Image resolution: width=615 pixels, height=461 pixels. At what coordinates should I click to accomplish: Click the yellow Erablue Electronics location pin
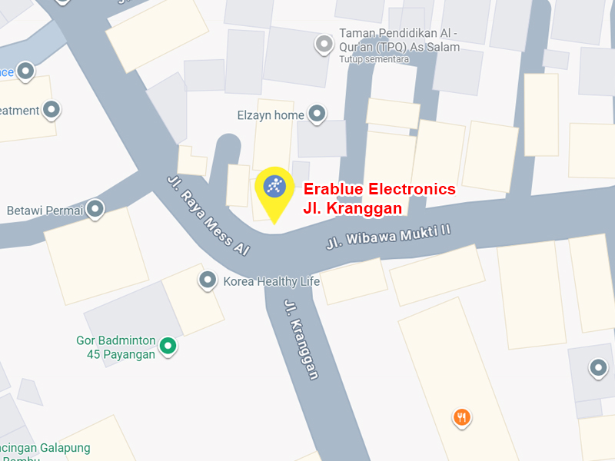(x=274, y=188)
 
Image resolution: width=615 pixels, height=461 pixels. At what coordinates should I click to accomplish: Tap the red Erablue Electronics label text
(x=379, y=190)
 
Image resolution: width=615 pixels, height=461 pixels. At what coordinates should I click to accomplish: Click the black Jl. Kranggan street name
(x=301, y=339)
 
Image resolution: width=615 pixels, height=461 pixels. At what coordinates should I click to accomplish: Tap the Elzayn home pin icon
(x=317, y=115)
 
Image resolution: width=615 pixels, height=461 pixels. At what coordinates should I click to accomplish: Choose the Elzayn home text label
(x=271, y=115)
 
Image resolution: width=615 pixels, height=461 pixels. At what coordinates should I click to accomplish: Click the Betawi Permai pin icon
(x=95, y=209)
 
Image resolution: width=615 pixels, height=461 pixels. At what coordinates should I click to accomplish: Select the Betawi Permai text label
(x=45, y=210)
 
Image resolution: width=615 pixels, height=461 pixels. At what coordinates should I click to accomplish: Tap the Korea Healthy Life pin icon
(x=207, y=281)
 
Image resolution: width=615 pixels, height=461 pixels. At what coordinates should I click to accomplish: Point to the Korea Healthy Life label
(x=271, y=282)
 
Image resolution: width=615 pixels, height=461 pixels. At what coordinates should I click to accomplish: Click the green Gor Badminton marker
(x=168, y=347)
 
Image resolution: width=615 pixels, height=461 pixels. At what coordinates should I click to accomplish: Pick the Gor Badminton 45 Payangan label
(x=116, y=347)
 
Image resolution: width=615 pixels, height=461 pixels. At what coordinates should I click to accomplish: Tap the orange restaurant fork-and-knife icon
(x=461, y=417)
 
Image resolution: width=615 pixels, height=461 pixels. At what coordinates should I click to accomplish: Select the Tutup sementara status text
(x=374, y=59)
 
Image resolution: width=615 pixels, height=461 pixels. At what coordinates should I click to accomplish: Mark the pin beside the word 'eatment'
(x=52, y=110)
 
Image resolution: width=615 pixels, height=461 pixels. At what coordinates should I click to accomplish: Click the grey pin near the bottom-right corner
(x=598, y=369)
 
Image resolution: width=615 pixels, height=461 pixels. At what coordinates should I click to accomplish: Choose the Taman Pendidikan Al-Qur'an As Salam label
(x=400, y=41)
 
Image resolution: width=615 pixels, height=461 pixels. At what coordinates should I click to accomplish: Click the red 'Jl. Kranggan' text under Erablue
(x=352, y=207)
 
